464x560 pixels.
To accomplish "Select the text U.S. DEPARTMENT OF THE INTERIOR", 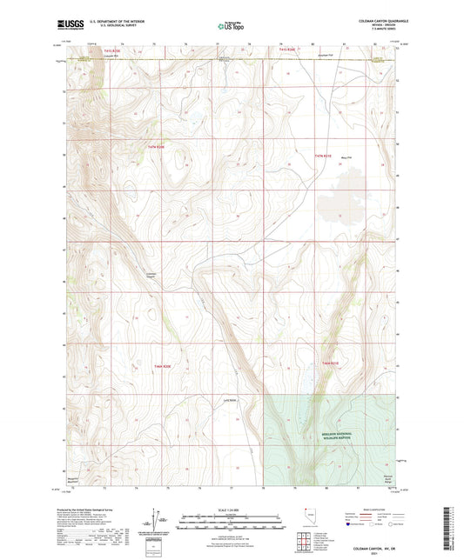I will [111, 18].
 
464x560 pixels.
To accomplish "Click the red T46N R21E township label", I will [332, 362].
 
